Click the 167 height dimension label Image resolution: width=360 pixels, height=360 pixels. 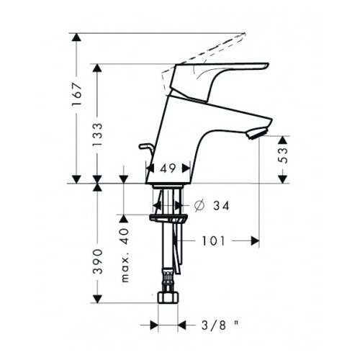tap(78, 94)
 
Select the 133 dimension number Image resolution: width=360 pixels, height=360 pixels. tap(98, 135)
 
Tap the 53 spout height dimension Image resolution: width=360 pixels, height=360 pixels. tap(284, 156)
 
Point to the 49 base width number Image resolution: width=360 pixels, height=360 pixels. tap(168, 168)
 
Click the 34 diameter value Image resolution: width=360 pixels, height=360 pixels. tap(221, 206)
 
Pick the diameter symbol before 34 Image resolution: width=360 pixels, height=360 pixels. tap(199, 206)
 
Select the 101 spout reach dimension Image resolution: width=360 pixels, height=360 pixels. tap(214, 241)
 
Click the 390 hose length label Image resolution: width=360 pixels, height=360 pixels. tap(98, 261)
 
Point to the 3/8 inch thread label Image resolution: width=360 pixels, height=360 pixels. tap(220, 325)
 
